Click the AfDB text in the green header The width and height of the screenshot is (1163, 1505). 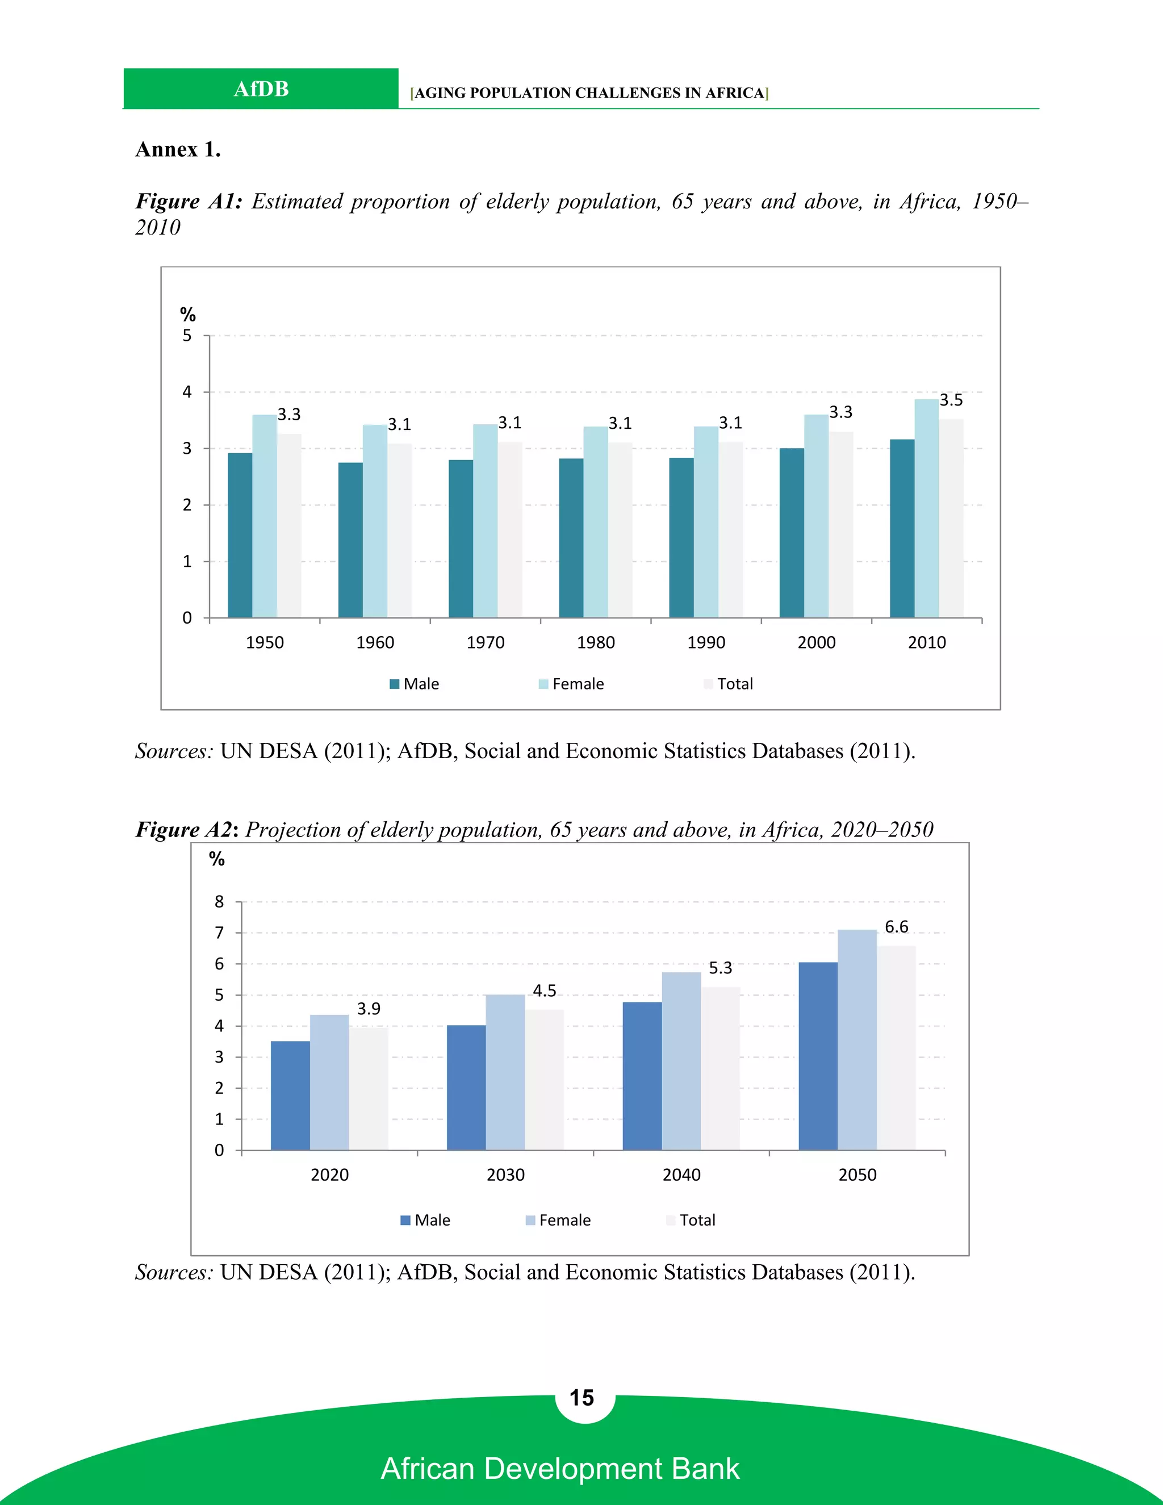(261, 89)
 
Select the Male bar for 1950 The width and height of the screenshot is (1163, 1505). (240, 535)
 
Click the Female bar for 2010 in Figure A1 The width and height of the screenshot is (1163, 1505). (926, 508)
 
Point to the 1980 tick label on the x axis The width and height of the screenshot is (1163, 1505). (595, 642)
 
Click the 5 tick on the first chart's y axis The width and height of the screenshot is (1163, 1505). (187, 336)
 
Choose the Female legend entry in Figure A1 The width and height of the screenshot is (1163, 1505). (571, 684)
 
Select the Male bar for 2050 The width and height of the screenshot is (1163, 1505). (818, 1056)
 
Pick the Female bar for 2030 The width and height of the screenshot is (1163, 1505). (505, 1072)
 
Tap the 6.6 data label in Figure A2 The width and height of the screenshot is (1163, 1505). (896, 927)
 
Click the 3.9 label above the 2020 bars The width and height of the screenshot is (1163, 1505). (369, 1009)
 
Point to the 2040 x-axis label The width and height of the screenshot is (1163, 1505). (681, 1174)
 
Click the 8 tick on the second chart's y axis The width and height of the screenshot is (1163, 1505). (219, 901)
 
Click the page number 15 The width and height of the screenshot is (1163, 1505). (581, 1398)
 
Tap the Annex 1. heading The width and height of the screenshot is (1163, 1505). (178, 149)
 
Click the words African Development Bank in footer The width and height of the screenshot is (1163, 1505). (560, 1469)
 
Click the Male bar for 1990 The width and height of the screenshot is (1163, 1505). (681, 537)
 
